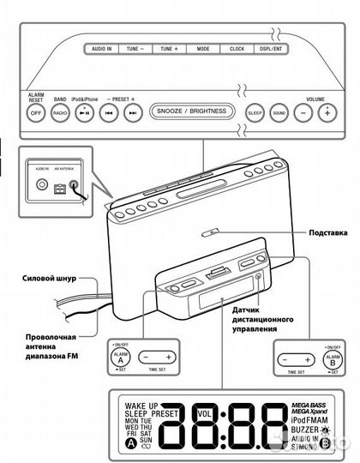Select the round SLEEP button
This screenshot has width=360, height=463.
tap(255, 112)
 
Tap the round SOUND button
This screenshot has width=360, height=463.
tap(278, 112)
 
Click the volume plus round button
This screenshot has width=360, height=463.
tap(326, 112)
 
